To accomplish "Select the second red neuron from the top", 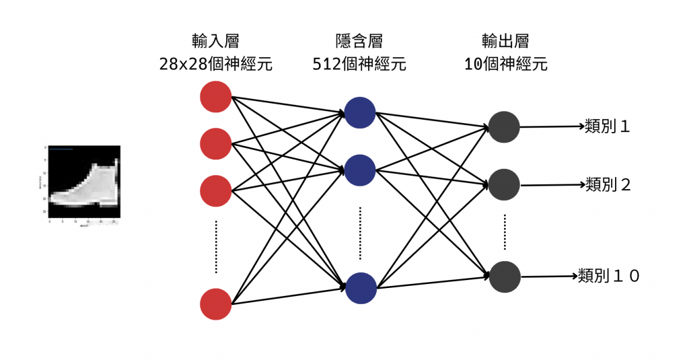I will (215, 143).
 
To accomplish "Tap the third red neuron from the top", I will (215, 190).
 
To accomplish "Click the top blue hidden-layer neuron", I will (360, 112).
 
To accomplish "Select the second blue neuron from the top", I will (360, 170).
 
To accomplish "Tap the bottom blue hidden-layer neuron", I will (360, 287).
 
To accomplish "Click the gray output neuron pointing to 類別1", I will (504, 127).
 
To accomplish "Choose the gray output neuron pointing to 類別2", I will (504, 184).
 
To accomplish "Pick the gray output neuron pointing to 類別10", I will (504, 276).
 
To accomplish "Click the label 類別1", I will (608, 126).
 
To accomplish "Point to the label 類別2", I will (608, 184).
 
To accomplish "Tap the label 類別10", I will (608, 275).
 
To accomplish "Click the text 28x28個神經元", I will (215, 65).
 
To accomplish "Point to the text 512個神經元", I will (359, 65).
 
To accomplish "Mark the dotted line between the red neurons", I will (215, 246).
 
